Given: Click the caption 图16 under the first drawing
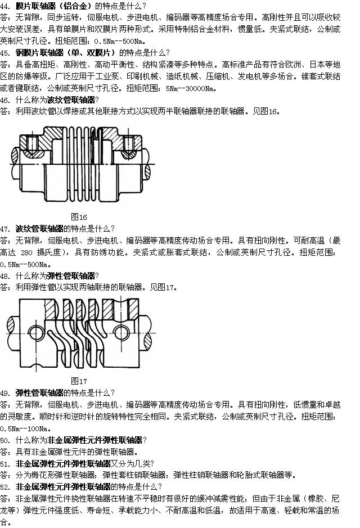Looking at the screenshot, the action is (79, 217).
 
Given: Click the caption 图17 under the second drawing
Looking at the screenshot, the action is (79, 381).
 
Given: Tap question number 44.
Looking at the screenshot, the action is (5, 6).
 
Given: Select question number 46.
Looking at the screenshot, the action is (5, 100).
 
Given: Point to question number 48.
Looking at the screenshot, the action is (5, 276).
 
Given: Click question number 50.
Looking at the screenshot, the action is (5, 440).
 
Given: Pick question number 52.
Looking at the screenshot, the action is (5, 486).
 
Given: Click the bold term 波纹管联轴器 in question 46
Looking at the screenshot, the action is (71, 100).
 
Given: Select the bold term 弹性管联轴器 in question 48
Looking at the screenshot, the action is (71, 276).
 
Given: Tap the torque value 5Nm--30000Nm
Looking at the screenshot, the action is (190, 88).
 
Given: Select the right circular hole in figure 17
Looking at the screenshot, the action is (121, 333).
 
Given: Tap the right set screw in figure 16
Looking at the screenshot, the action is (129, 143).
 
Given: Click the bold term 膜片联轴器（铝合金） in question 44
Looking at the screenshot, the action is (55, 6).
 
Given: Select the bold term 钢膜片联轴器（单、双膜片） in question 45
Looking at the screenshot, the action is (67, 53).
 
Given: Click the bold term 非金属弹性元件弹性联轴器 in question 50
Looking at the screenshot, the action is (95, 440).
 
